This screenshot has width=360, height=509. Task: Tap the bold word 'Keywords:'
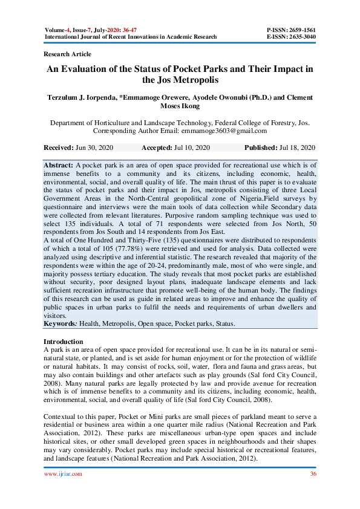pos(61,324)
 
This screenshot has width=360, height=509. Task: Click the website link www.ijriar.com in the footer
pos(64,474)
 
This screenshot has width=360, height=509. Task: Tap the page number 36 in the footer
pos(313,474)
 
